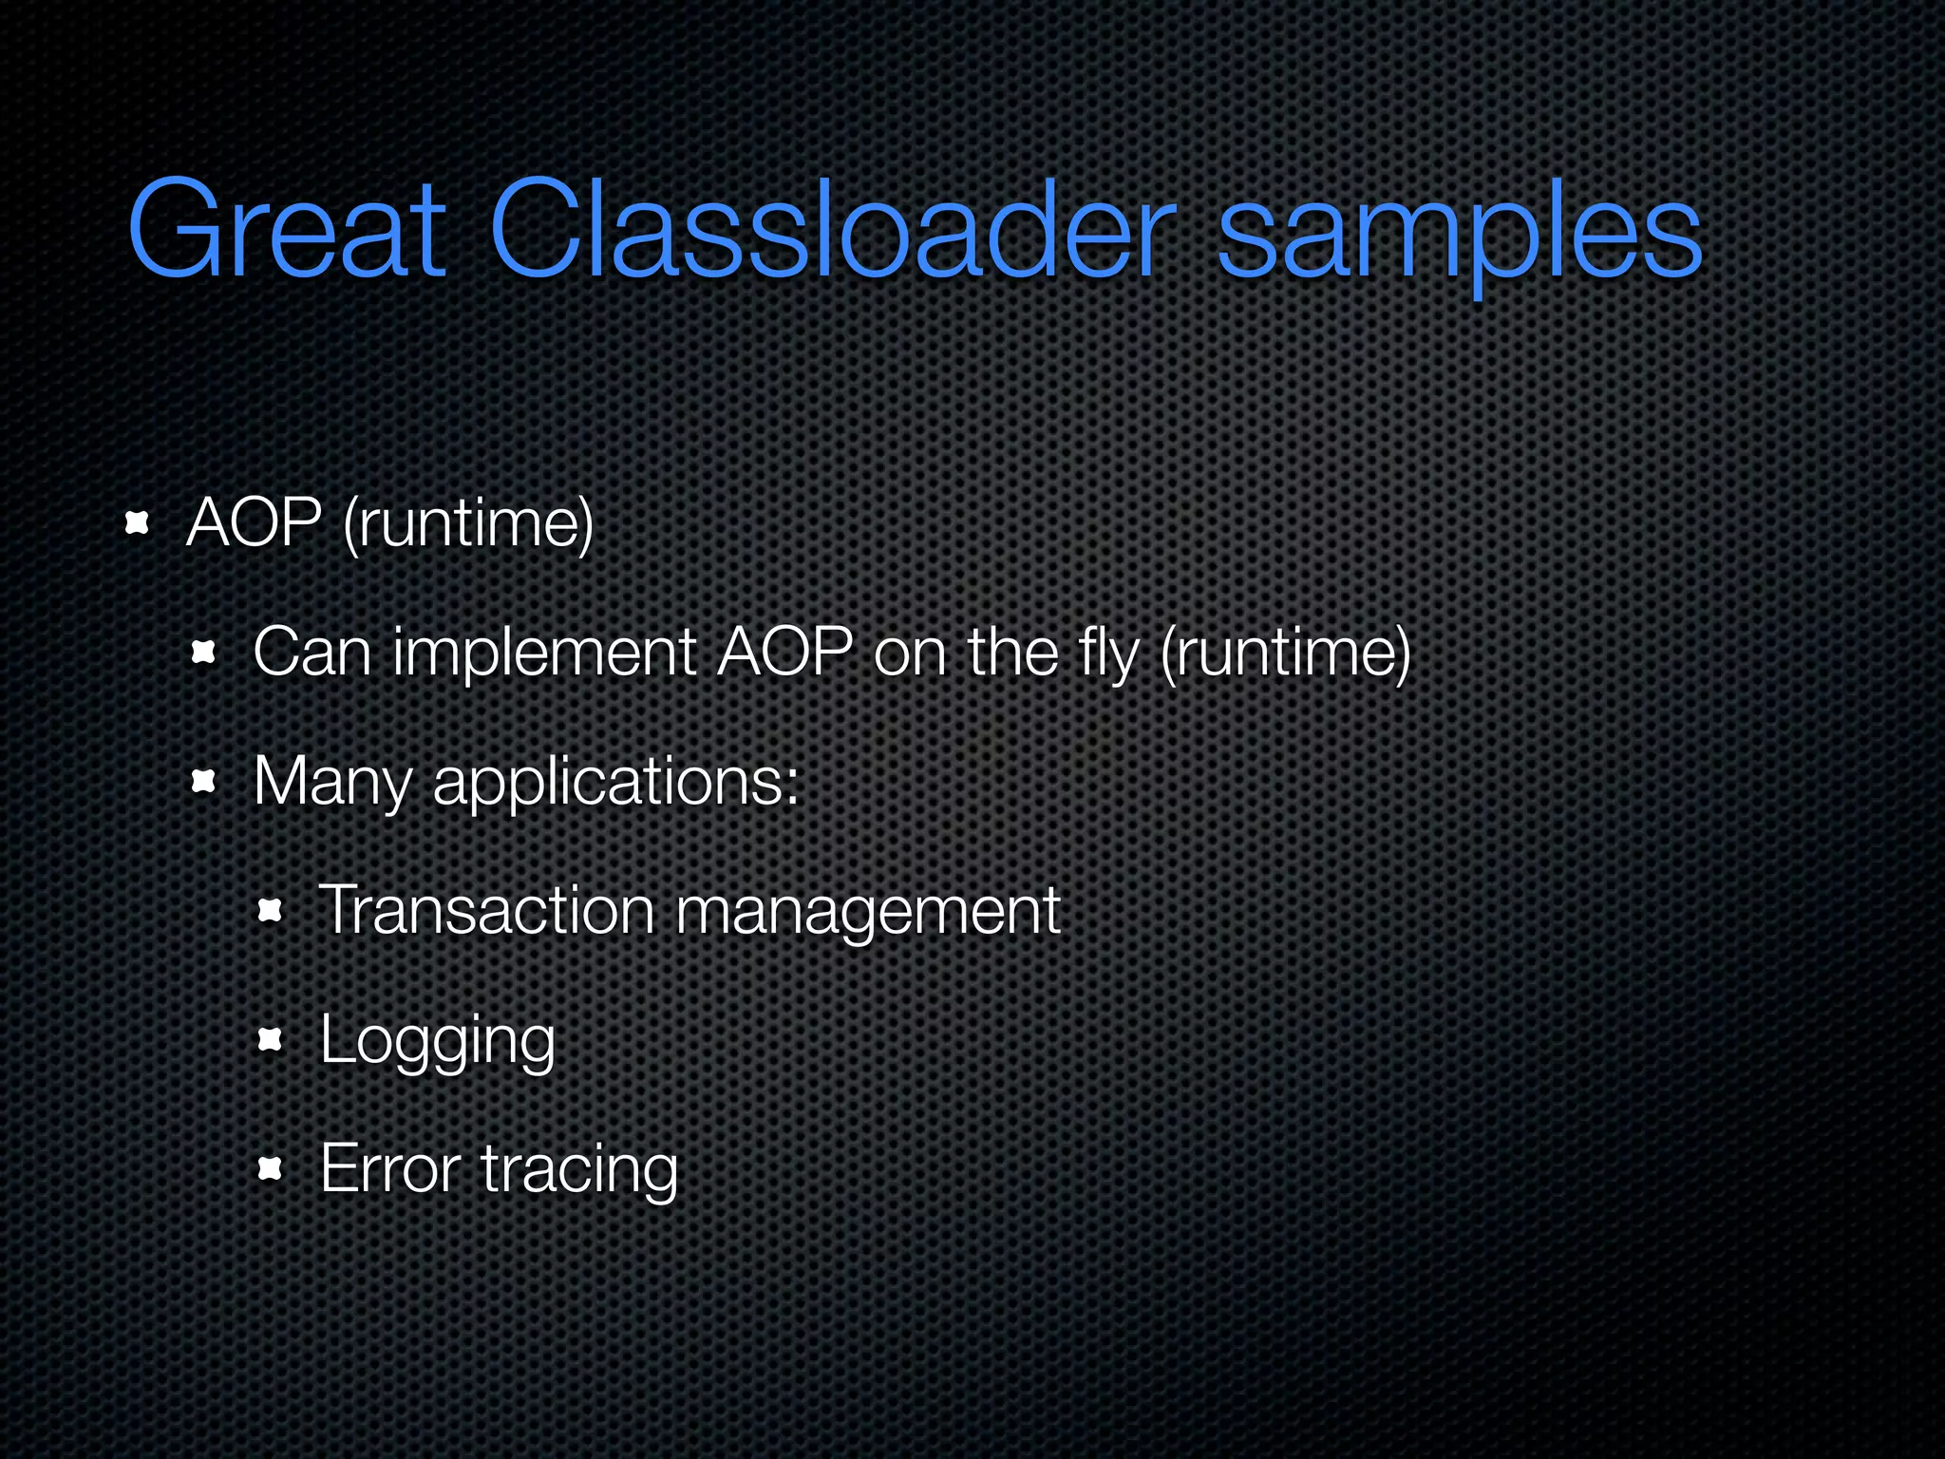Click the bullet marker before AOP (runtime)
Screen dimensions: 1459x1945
coord(139,523)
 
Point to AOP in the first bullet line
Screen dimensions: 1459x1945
coord(255,523)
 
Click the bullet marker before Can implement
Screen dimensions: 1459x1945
coord(204,654)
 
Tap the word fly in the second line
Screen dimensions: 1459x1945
coord(1107,655)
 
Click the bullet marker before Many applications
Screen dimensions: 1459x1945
coord(204,783)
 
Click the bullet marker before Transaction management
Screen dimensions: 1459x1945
coord(271,912)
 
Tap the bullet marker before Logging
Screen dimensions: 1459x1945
coord(271,1041)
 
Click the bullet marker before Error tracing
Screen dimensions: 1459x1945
coord(271,1169)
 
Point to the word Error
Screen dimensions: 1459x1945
coord(390,1169)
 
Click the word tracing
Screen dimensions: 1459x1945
coord(579,1171)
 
